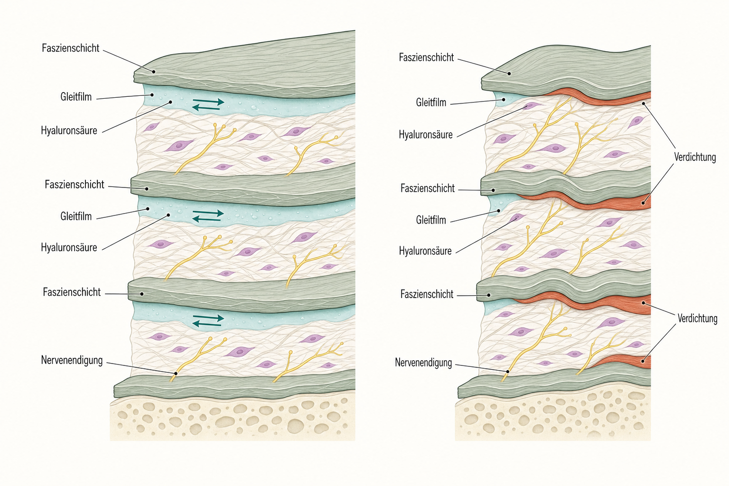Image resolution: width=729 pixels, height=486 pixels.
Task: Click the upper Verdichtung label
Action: point(695,157)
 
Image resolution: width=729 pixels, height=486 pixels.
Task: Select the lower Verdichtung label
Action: point(697,318)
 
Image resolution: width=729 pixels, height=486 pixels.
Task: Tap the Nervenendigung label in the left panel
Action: point(72,360)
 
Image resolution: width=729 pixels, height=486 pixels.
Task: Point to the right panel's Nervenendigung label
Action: point(423,363)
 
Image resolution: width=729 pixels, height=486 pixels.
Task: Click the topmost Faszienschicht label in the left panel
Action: point(71,48)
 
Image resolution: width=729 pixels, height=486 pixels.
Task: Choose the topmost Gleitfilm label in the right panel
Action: point(431,103)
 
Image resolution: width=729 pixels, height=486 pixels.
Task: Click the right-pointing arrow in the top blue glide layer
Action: point(209,102)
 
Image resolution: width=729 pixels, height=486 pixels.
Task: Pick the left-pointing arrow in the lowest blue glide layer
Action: point(207,324)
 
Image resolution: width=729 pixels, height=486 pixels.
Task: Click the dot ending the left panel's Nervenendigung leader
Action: point(176,374)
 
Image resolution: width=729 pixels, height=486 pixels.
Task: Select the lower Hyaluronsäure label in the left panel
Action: point(69,247)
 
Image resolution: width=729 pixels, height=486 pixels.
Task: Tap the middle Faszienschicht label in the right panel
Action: point(427,188)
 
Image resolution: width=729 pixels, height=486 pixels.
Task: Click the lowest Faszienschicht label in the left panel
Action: point(72,292)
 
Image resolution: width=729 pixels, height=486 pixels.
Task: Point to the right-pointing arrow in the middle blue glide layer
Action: point(208,213)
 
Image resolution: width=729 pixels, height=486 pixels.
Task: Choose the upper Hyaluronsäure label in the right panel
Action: point(426,134)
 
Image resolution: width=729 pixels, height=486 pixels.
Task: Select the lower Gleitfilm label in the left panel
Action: point(76,216)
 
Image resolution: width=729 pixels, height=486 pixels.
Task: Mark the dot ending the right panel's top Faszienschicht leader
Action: point(509,74)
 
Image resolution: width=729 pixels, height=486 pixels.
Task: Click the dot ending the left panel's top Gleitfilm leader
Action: point(152,95)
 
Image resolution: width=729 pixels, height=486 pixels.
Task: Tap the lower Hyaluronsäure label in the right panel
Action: point(425,251)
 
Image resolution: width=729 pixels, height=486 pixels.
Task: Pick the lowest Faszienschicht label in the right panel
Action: point(427,294)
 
